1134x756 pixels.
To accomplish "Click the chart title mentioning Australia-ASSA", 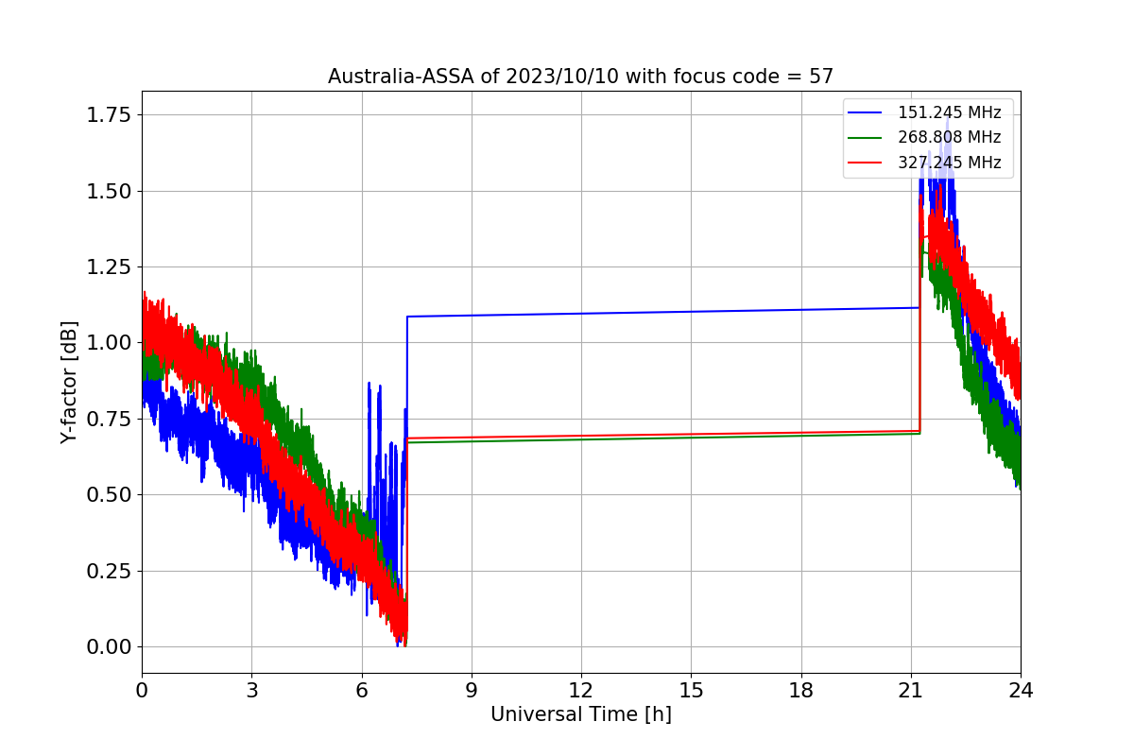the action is pyautogui.click(x=580, y=77).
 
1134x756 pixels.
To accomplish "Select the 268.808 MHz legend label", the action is pyautogui.click(x=949, y=137).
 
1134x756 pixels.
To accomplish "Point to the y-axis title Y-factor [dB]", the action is pyautogui.click(x=69, y=383).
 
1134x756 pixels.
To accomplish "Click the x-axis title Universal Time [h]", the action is pyautogui.click(x=581, y=714).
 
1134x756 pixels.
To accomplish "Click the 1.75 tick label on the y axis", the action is pyautogui.click(x=109, y=115).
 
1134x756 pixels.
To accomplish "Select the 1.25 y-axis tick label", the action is pyautogui.click(x=109, y=266).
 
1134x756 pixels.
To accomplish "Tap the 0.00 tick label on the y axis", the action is pyautogui.click(x=109, y=646).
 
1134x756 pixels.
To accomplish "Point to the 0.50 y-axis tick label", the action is pyautogui.click(x=109, y=495).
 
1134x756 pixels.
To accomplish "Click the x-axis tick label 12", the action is pyautogui.click(x=581, y=690).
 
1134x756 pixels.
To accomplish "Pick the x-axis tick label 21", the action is pyautogui.click(x=911, y=690).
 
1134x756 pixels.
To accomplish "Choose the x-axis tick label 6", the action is pyautogui.click(x=362, y=690).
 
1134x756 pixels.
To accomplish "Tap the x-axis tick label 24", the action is pyautogui.click(x=1021, y=690).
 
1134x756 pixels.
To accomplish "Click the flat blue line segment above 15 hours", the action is pyautogui.click(x=663, y=312).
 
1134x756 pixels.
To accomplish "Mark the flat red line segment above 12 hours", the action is pyautogui.click(x=663, y=435).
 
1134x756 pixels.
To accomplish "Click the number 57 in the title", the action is pyautogui.click(x=821, y=77).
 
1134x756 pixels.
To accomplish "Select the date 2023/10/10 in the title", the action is pyautogui.click(x=562, y=77).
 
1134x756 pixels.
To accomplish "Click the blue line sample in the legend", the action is pyautogui.click(x=865, y=112).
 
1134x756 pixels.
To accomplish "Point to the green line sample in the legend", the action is pyautogui.click(x=865, y=138).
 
